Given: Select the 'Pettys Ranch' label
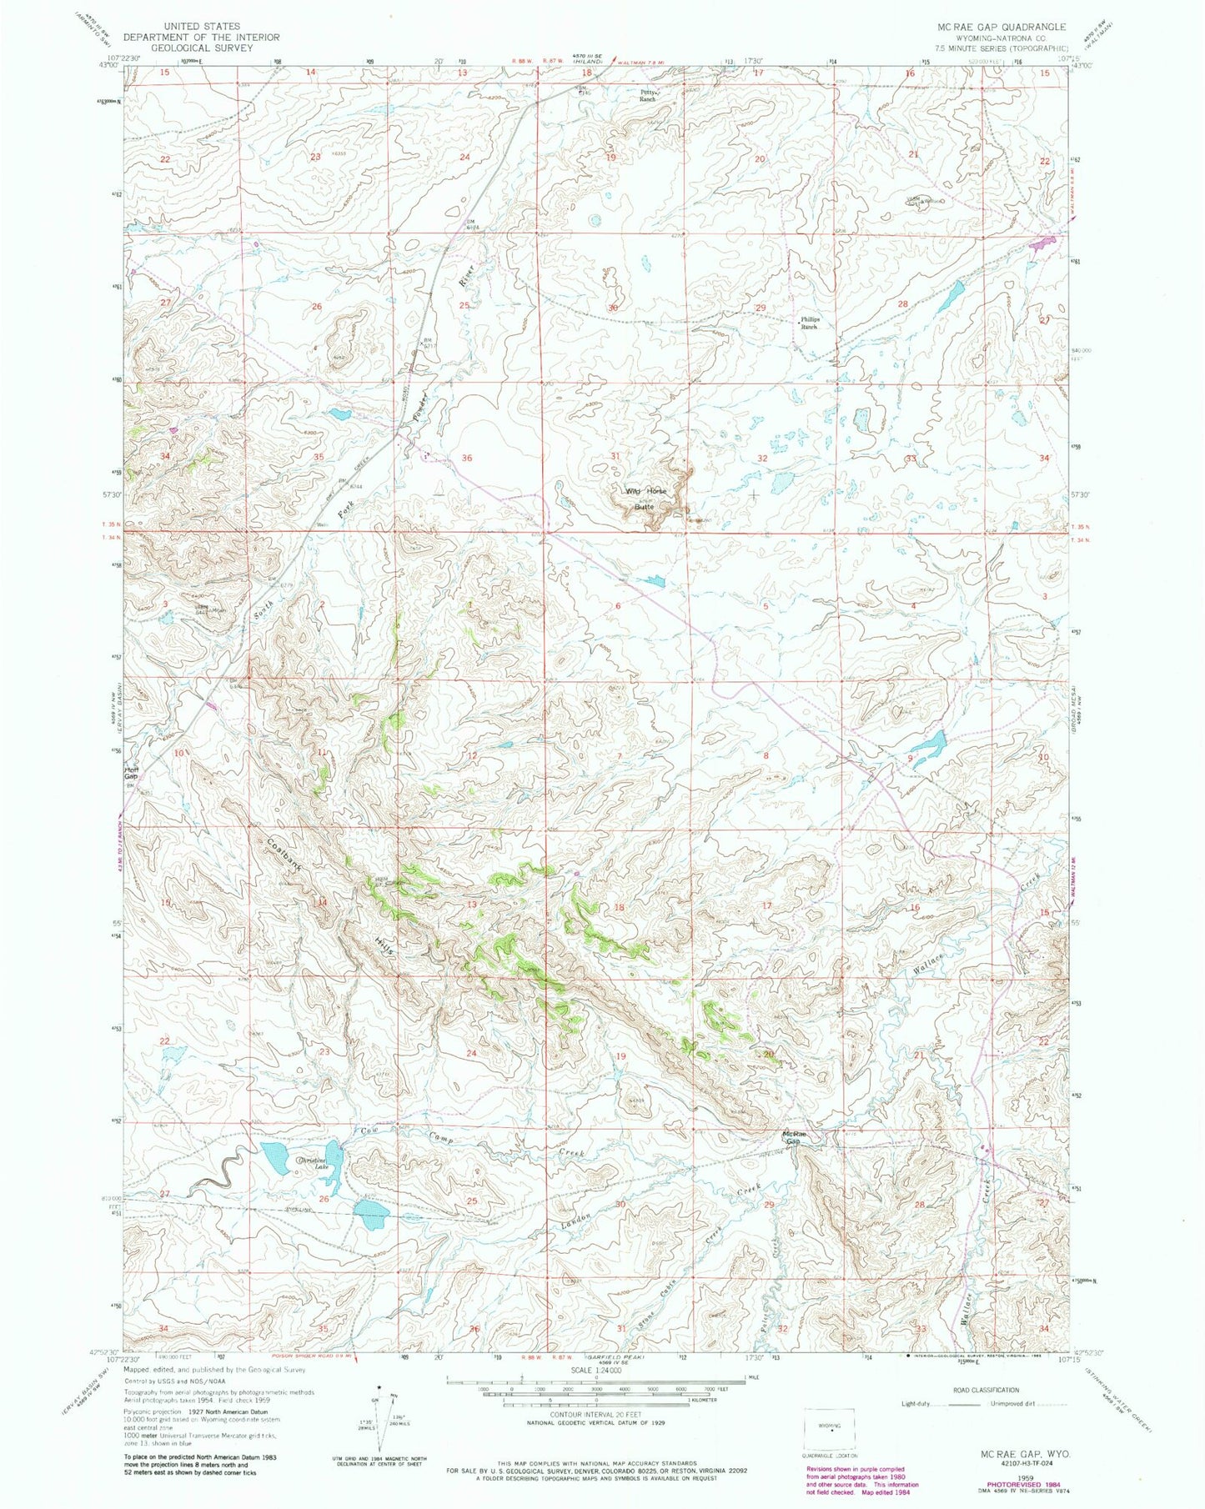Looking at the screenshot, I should click(x=647, y=95).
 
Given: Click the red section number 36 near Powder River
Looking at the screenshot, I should click(x=466, y=458).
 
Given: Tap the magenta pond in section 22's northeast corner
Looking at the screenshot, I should click(x=1041, y=244).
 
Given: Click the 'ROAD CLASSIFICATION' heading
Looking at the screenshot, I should click(x=986, y=1390).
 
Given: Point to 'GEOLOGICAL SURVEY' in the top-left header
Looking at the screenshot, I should click(x=202, y=48).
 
